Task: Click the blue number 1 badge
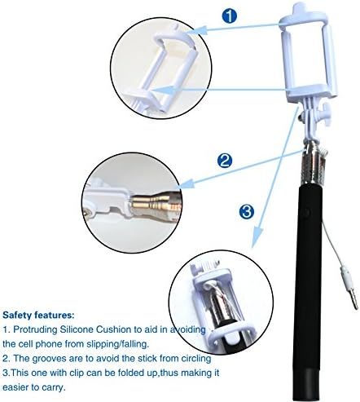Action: click(x=230, y=15)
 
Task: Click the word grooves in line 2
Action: click(x=50, y=357)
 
